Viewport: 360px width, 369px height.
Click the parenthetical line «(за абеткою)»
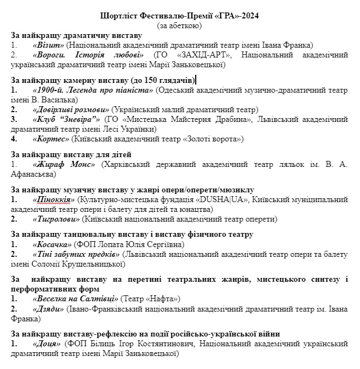click(x=179, y=25)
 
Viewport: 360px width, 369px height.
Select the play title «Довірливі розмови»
click(x=71, y=109)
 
